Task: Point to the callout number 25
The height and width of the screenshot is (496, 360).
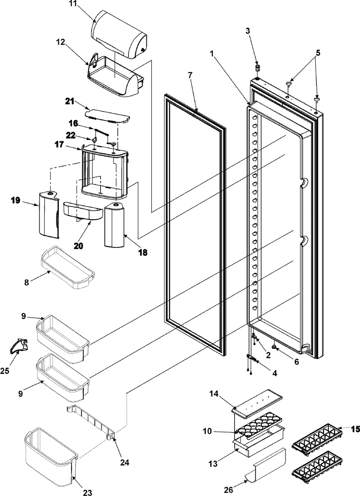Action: [4, 371]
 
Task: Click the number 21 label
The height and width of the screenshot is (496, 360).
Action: [70, 102]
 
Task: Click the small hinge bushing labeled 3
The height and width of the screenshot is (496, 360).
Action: [257, 68]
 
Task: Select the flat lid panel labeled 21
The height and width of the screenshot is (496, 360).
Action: [107, 116]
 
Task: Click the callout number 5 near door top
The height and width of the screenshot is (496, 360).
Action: [318, 53]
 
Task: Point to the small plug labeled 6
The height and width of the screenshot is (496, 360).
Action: [275, 348]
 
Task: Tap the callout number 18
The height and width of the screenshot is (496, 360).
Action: [143, 252]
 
